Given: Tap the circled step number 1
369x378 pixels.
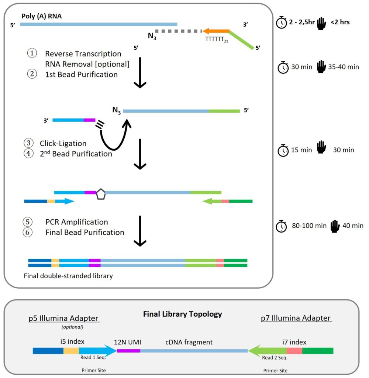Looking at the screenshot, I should point(32,54).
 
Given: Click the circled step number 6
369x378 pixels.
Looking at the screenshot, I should point(28,232).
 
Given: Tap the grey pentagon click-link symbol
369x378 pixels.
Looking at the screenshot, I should point(101,195).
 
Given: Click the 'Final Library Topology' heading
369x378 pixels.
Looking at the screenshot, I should point(182,314).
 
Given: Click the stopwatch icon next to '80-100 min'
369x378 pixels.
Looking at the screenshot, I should point(282,226).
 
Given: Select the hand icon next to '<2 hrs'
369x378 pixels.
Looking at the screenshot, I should point(321,23).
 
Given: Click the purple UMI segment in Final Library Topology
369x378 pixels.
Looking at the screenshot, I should point(128,351).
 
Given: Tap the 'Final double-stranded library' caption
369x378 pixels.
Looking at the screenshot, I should point(68,276).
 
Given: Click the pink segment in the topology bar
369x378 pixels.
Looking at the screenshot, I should point(294,351).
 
